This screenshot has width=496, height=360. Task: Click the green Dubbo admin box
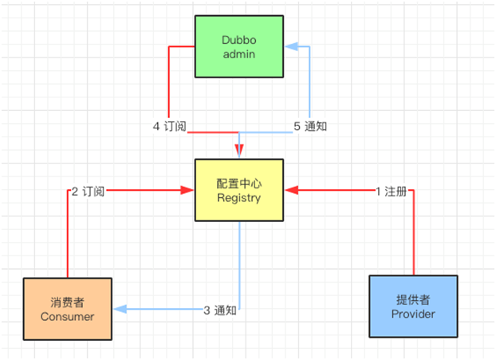pos(239,45)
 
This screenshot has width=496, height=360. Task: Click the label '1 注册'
pos(391,191)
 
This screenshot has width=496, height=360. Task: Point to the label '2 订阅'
pos(88,191)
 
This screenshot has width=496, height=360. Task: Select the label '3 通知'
pos(219,310)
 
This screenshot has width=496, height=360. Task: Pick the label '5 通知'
pos(311,126)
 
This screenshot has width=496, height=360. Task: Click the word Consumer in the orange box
pos(67,316)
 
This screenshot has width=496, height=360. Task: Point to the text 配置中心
pos(239,183)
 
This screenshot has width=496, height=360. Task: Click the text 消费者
pos(67,302)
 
